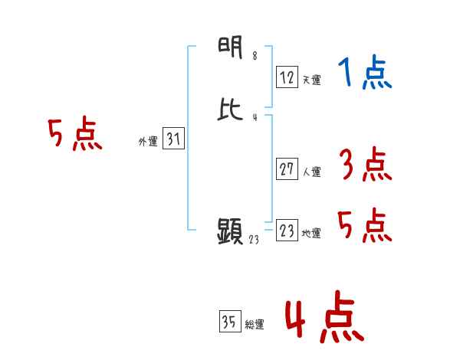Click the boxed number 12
click(287, 77)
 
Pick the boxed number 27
click(287, 169)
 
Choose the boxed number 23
click(287, 231)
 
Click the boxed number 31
click(173, 139)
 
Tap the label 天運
click(311, 80)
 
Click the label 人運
click(311, 172)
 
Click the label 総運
click(255, 325)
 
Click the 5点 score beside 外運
click(74, 136)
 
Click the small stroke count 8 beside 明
click(255, 56)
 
